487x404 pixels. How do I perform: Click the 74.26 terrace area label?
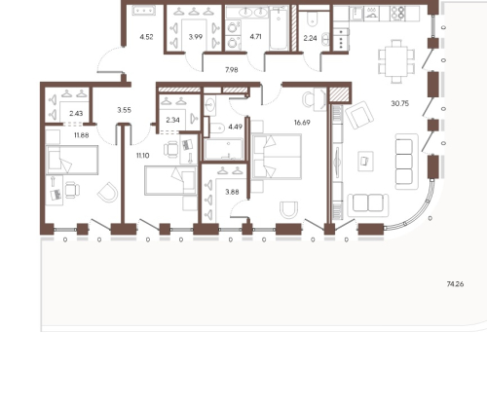click(x=455, y=284)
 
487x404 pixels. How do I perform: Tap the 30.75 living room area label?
click(x=400, y=103)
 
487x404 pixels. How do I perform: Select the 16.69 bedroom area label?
click(x=302, y=123)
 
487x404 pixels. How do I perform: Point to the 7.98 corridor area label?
click(x=232, y=70)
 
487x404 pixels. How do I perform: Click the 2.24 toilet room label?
click(x=310, y=38)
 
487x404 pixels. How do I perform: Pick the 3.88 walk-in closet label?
click(x=232, y=192)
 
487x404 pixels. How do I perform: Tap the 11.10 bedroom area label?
click(x=143, y=156)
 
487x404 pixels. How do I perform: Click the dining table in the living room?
click(x=396, y=61)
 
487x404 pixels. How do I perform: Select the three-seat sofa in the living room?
click(x=406, y=162)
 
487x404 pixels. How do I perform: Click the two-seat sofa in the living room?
click(x=368, y=205)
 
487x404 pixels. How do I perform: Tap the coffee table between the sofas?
click(x=365, y=161)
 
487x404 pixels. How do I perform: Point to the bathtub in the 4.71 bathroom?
click(x=279, y=29)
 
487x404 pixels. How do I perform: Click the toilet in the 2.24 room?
click(x=313, y=20)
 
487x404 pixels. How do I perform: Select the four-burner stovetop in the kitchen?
click(x=398, y=14)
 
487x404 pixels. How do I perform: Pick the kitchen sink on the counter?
click(x=356, y=14)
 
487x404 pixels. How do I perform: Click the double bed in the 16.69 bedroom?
click(x=277, y=157)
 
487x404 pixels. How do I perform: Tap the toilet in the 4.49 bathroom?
click(x=217, y=129)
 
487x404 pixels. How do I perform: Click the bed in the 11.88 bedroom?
click(x=72, y=160)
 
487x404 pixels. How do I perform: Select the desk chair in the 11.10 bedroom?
click(x=171, y=150)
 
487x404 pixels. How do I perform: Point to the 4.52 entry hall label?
click(x=146, y=37)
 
